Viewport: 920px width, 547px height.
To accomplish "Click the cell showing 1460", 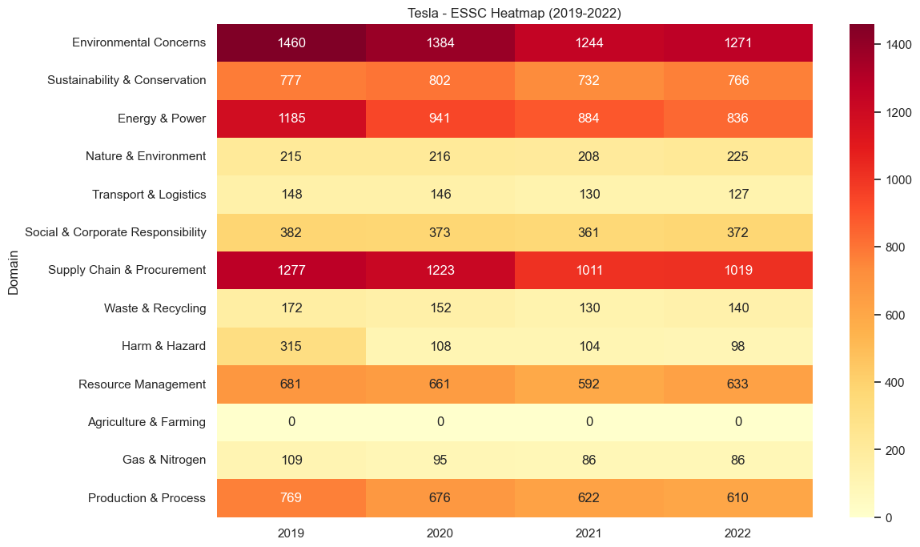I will click(291, 42).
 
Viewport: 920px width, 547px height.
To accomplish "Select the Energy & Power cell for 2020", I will click(440, 119).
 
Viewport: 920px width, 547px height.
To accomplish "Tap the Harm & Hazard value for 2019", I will click(291, 346).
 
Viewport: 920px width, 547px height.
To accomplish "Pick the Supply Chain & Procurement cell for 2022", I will click(738, 270).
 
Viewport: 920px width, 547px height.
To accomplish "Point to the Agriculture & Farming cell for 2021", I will click(589, 422).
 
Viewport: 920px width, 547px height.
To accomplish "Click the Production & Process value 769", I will click(291, 498).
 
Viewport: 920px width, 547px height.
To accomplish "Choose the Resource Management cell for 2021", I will click(589, 384).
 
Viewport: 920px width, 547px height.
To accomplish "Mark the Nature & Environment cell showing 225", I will click(738, 156).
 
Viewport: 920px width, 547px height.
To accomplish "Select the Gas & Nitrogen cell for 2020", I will click(440, 460).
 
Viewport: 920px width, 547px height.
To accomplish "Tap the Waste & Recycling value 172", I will click(291, 308).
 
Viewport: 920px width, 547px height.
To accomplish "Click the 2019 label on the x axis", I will click(291, 533).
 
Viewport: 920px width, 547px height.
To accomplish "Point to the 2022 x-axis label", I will click(738, 533).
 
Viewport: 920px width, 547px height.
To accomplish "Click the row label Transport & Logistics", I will click(149, 195).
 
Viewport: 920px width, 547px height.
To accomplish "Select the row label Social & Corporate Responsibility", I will click(115, 232).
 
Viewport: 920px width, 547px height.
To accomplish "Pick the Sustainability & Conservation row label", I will click(127, 80).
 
